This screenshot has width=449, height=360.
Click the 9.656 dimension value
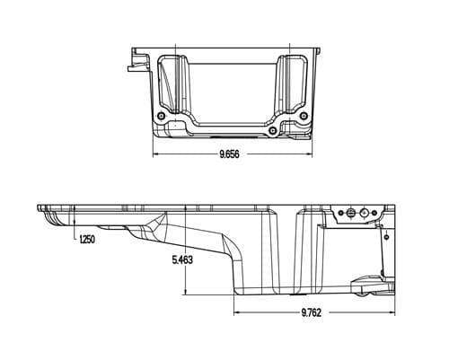[230, 154]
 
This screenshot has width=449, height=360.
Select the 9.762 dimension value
[312, 312]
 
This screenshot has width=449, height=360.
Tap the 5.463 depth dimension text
[182, 259]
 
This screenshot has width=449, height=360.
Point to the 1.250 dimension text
[87, 240]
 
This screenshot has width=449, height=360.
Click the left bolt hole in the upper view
[162, 116]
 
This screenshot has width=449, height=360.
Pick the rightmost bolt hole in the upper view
[304, 116]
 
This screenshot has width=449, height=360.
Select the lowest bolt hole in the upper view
[272, 130]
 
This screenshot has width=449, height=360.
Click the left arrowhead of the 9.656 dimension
[155, 154]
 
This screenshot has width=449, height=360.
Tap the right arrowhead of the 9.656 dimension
[310, 154]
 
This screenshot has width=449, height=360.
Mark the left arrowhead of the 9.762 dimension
[236, 312]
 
